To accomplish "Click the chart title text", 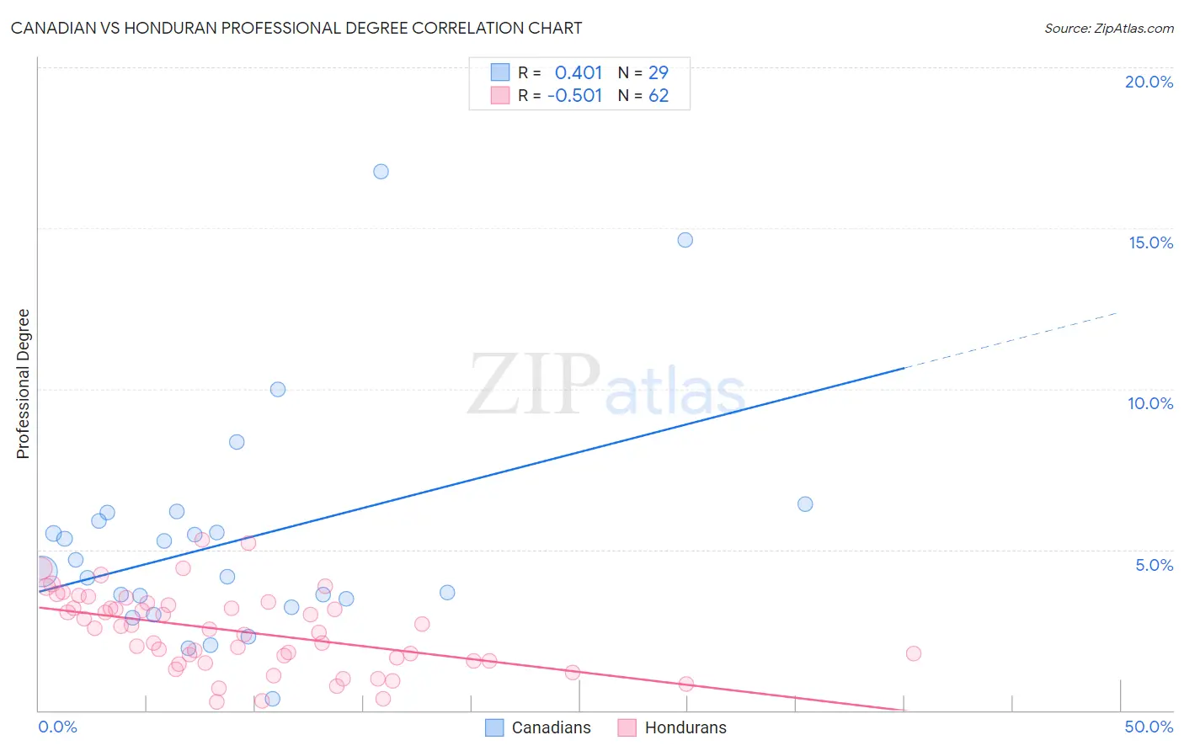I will tap(296, 28).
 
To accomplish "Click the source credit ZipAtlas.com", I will tap(1108, 28).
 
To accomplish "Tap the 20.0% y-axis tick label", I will tap(1149, 82).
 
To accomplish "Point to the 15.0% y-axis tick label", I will tap(1150, 242).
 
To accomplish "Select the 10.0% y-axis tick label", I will tap(1150, 403).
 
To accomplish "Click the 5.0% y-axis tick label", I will tap(1154, 565).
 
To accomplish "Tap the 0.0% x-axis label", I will tap(57, 727).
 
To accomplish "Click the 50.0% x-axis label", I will tap(1149, 727).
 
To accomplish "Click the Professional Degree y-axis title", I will tap(24, 384).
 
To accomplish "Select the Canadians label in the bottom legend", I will tap(551, 727).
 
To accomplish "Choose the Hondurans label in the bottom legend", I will tap(685, 727).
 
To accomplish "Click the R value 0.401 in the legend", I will tap(579, 73).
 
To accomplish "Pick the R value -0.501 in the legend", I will tap(575, 96).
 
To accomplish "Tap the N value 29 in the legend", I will tap(659, 73).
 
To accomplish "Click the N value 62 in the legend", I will tap(659, 96).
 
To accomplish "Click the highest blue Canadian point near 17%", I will tap(381, 172).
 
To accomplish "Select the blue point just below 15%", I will tap(685, 240).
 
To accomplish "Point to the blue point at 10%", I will tap(278, 389).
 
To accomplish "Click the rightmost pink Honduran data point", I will tap(914, 653).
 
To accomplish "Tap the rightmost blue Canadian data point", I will tap(805, 504).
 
